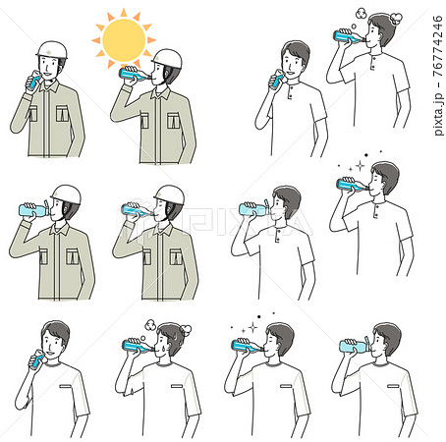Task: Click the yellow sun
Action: click(x=124, y=39)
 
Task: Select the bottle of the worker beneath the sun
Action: click(x=134, y=74)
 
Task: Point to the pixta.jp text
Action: click(x=438, y=114)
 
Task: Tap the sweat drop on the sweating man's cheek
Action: click(x=162, y=347)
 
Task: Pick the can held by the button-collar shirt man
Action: click(x=276, y=82)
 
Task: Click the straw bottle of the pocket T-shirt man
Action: click(x=355, y=345)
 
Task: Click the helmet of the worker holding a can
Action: click(x=52, y=50)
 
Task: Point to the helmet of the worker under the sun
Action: click(x=167, y=59)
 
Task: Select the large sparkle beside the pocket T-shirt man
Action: click(x=252, y=327)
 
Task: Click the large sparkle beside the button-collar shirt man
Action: click(x=360, y=165)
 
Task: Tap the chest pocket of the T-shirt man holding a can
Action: click(x=66, y=386)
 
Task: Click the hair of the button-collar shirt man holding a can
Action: click(x=296, y=52)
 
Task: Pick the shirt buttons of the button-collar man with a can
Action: click(x=290, y=92)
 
